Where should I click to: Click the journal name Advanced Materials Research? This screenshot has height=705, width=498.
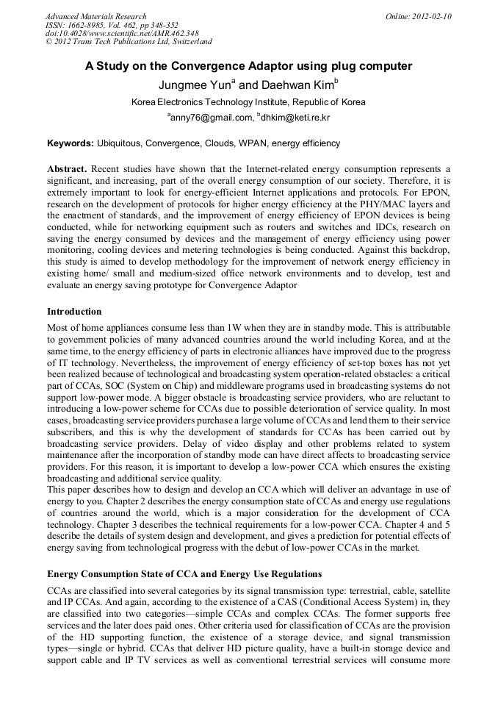pyautogui.click(x=95, y=16)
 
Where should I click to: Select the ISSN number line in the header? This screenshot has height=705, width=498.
pyautogui.click(x=112, y=25)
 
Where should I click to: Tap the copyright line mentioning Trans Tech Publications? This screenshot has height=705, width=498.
pyautogui.click(x=129, y=43)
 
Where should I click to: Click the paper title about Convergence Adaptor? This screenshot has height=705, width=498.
pyautogui.click(x=248, y=66)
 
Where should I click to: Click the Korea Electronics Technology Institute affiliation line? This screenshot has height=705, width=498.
pyautogui.click(x=248, y=102)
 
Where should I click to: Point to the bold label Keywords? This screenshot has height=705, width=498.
pyautogui.click(x=71, y=143)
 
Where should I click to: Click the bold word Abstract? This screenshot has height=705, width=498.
pyautogui.click(x=68, y=168)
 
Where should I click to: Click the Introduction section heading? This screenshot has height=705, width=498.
pyautogui.click(x=74, y=312)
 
